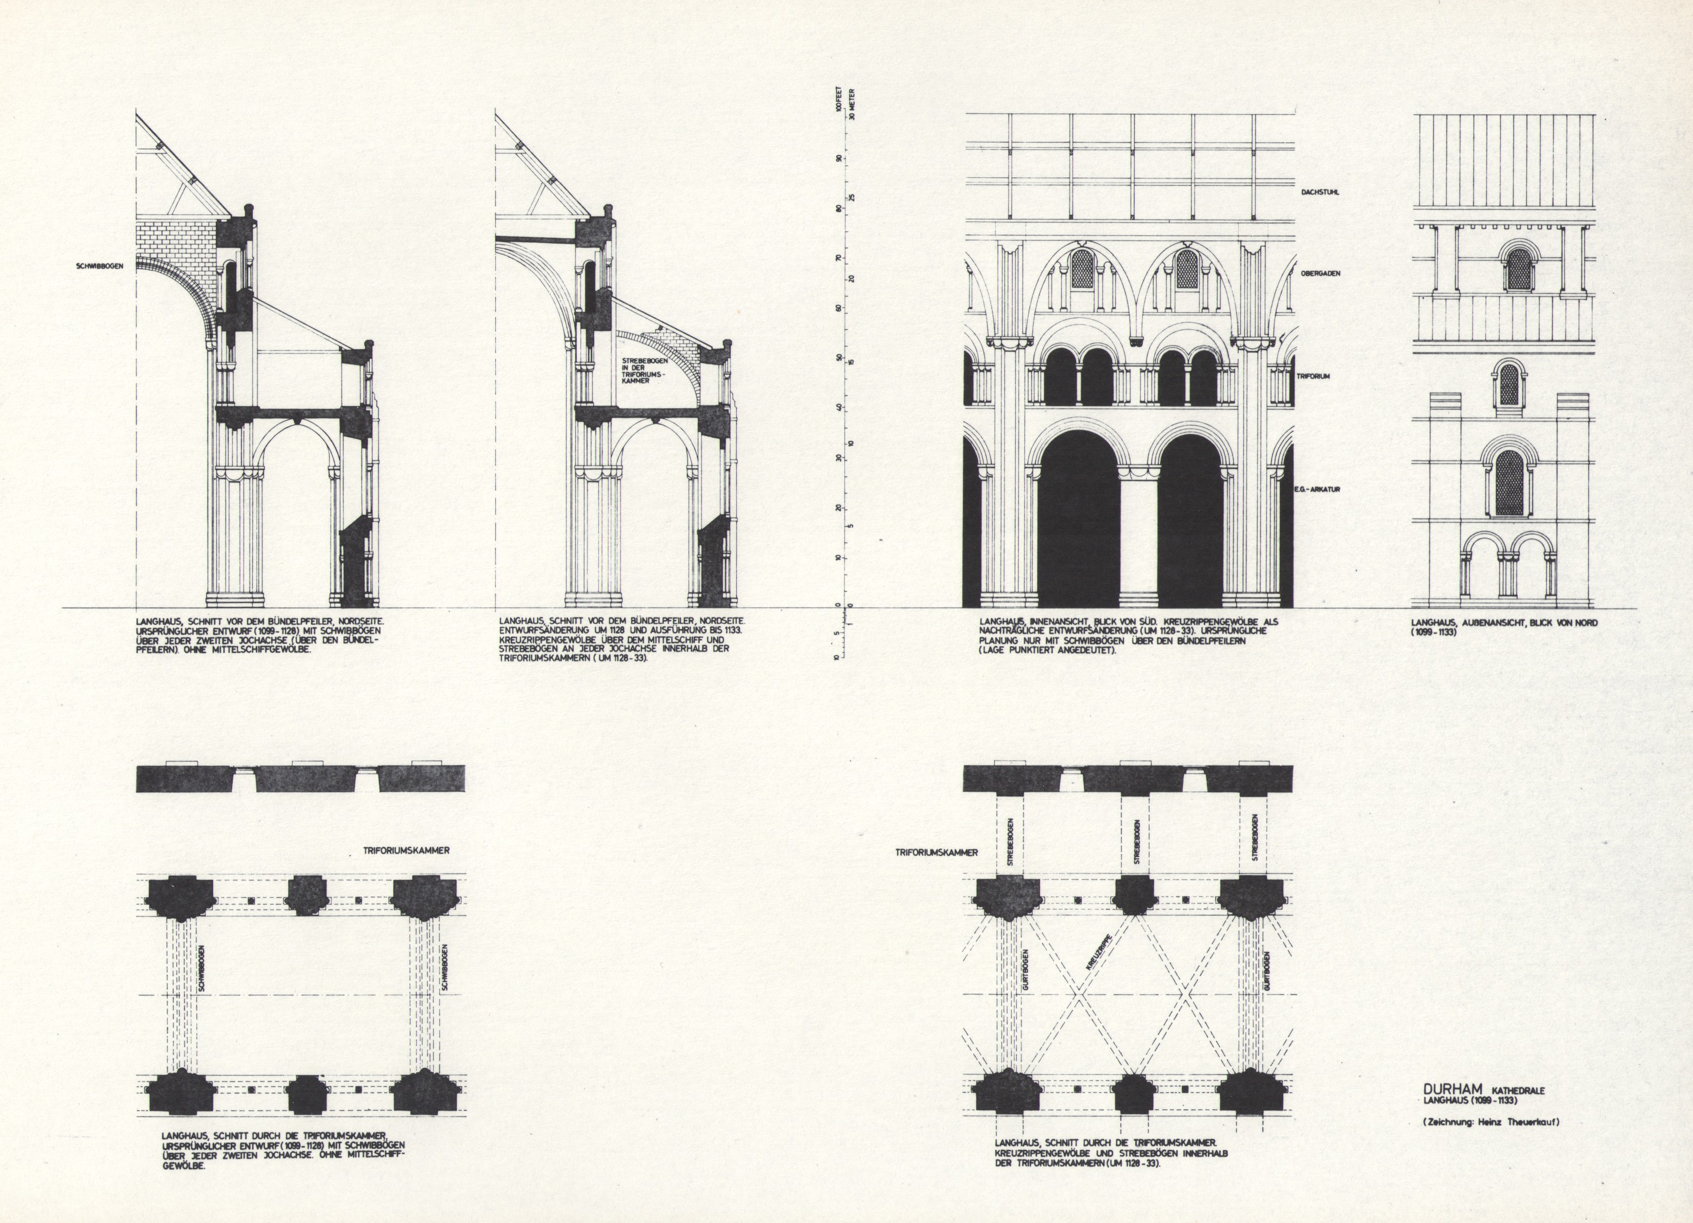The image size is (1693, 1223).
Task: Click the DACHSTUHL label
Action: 1320,192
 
